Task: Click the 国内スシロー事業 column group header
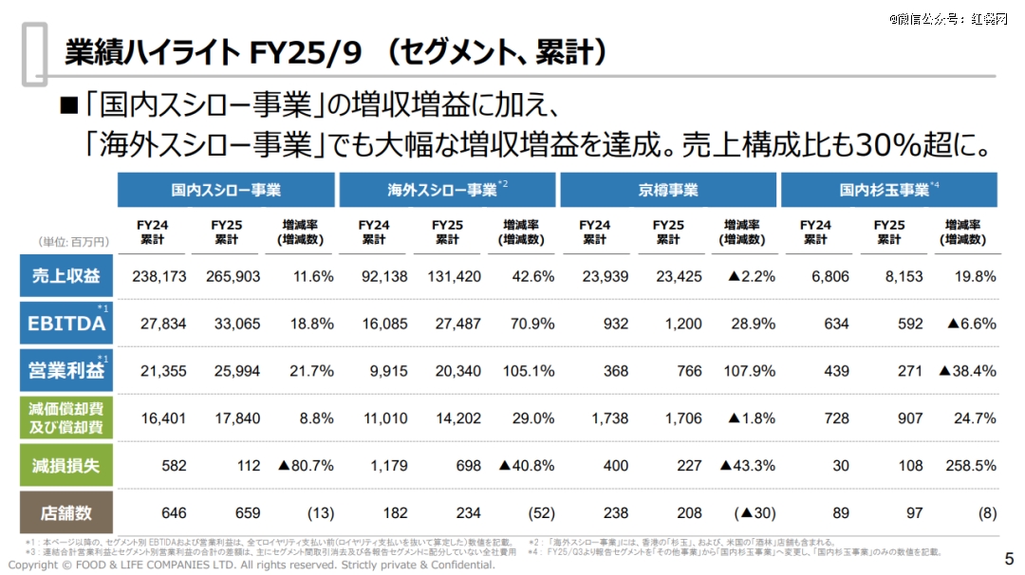pyautogui.click(x=226, y=190)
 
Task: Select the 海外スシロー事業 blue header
pyautogui.click(x=447, y=190)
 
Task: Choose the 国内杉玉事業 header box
pyautogui.click(x=889, y=190)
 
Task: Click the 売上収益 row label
pyautogui.click(x=66, y=276)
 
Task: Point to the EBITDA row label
pyautogui.click(x=66, y=324)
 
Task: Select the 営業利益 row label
pyautogui.click(x=66, y=371)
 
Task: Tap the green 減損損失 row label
pyautogui.click(x=66, y=466)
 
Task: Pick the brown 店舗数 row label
pyautogui.click(x=66, y=512)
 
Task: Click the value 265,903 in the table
pyautogui.click(x=232, y=277)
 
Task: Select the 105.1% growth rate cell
pyautogui.click(x=529, y=371)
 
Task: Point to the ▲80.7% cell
pyautogui.click(x=306, y=466)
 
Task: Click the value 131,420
pyautogui.click(x=453, y=277)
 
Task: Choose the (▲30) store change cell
pyautogui.click(x=755, y=512)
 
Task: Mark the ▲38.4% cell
pyautogui.click(x=966, y=371)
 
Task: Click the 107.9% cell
pyautogui.click(x=749, y=371)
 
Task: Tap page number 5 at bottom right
pyautogui.click(x=1009, y=557)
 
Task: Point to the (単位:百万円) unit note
pyautogui.click(x=74, y=242)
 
